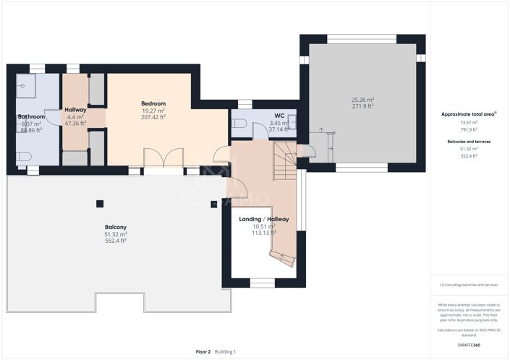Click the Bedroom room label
tap(153, 103)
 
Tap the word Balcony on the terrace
tap(115, 227)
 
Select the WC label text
tap(279, 116)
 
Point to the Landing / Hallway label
tap(264, 219)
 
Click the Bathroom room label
tap(32, 116)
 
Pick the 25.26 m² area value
tap(362, 99)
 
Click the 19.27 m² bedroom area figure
tap(153, 110)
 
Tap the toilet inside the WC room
tap(239, 124)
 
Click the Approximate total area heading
tap(469, 114)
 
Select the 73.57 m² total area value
tap(469, 123)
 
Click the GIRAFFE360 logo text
tap(469, 346)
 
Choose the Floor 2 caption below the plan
tap(203, 351)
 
